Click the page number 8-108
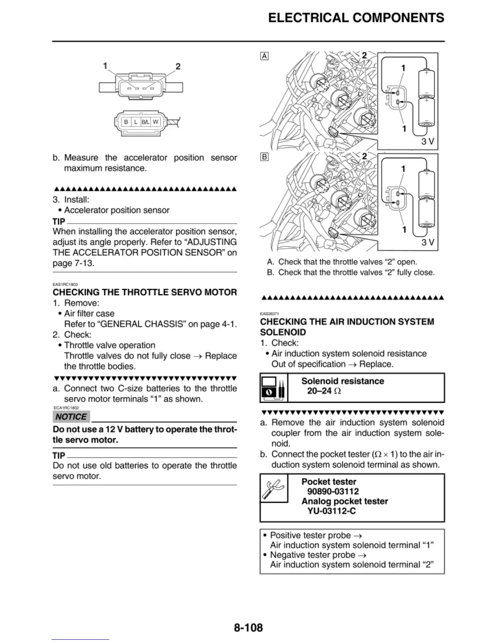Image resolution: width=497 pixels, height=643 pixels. pos(248,628)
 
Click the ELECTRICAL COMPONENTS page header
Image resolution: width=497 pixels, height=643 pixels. pos(356,18)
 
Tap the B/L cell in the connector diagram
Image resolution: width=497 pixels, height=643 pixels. pos(145,122)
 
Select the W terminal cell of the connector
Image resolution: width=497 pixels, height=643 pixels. pos(156,122)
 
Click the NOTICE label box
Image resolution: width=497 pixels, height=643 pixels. pos(71,417)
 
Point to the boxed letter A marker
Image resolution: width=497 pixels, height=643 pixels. pos(264,56)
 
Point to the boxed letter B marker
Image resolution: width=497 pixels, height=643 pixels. pos(264,157)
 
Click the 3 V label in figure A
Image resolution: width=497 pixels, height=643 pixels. pos(428,141)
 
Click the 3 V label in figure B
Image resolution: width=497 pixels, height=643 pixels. pos(428,242)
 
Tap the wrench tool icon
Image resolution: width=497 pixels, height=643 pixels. pos(273,488)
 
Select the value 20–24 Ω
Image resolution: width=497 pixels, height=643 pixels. pos(324,391)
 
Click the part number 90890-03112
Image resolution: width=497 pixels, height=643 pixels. pos(333,492)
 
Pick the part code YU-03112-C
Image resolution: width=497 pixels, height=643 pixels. pos(331,511)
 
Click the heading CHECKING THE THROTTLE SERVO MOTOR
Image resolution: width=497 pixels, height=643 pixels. pos(145,292)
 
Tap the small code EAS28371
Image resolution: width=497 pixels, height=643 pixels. pos(269,314)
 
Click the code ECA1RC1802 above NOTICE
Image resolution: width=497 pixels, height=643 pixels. pos(66,408)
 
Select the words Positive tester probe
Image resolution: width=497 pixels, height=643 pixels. pos(311,535)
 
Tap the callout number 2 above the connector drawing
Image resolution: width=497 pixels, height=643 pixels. pos(178,67)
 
